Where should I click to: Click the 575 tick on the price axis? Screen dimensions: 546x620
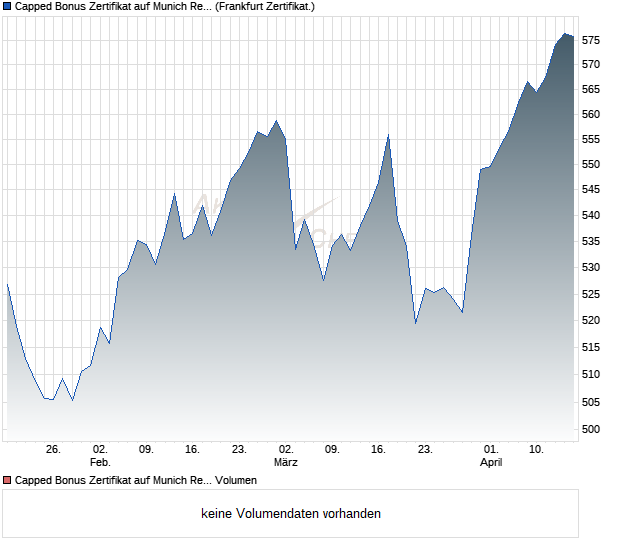591,40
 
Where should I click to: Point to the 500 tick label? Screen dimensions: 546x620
591,429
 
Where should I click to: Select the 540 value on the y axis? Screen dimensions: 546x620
591,215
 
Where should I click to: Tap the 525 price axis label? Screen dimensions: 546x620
591,294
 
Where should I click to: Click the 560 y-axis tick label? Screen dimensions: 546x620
591,114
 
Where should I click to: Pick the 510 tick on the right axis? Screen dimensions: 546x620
591,374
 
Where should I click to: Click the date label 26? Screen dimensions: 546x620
54,450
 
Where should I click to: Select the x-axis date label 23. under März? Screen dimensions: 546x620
425,450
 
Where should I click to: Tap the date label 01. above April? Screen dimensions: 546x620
490,450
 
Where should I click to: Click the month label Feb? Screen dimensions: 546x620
99,463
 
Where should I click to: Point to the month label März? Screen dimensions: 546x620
286,463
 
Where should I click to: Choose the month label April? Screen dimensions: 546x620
490,463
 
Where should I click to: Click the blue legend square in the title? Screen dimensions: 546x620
7,6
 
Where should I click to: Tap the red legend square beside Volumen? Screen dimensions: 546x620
7,481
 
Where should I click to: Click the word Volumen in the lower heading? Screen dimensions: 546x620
235,481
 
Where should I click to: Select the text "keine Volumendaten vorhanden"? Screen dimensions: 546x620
290,514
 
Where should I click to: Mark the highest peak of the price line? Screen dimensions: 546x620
566,34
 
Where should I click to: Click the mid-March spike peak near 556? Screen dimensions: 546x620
388,135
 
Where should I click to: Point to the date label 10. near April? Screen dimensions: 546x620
537,450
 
